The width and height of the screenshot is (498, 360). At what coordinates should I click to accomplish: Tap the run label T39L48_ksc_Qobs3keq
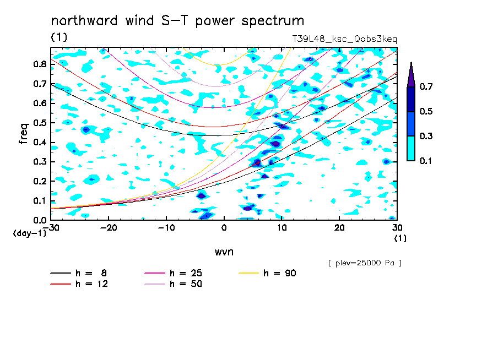point(345,39)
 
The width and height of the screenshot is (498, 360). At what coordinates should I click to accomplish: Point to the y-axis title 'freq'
point(24,134)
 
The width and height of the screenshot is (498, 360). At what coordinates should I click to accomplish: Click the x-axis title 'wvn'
point(224,252)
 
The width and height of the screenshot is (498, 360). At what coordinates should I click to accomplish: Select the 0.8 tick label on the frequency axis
point(40,64)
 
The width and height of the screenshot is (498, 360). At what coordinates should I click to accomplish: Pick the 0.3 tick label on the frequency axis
point(40,162)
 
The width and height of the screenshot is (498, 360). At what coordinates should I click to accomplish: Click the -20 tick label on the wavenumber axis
point(109,228)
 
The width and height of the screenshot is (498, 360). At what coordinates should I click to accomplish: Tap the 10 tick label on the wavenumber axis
point(282,228)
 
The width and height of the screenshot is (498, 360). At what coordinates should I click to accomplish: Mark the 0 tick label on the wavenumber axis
point(224,228)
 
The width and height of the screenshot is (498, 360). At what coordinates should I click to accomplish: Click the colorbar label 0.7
point(426,86)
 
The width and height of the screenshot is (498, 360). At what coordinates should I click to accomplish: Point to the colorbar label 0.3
point(426,136)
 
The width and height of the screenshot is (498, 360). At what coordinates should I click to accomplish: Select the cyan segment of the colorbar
point(411,148)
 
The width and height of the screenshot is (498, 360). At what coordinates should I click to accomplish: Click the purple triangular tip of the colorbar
point(411,74)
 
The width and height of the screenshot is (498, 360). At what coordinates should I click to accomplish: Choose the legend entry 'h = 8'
point(78,273)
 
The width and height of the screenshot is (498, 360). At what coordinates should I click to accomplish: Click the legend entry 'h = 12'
point(79,283)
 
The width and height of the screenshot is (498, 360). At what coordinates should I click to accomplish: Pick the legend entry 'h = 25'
point(174,273)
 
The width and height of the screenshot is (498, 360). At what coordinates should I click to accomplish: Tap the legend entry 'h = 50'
point(174,283)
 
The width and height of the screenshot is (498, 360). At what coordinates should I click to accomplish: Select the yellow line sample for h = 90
point(248,273)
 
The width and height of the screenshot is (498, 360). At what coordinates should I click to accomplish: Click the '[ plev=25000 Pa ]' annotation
point(365,263)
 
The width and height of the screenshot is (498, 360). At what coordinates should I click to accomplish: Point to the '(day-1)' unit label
point(29,233)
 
